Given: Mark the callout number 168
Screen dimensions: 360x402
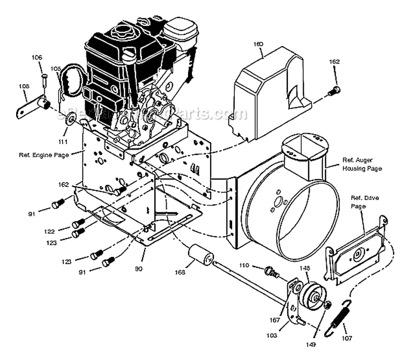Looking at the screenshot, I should [x=180, y=272].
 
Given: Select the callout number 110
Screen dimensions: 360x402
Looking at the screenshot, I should [x=244, y=266].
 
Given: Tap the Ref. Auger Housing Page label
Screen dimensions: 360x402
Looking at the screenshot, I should [x=362, y=164].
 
